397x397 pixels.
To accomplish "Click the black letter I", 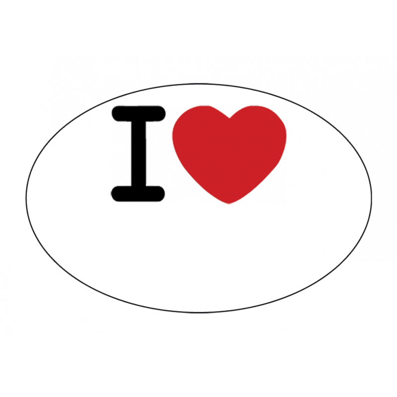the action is (x=138, y=154).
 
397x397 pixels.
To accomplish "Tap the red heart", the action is (x=229, y=152).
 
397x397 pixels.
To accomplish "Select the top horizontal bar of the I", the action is (x=138, y=114).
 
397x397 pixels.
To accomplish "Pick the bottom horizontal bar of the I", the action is (x=138, y=194).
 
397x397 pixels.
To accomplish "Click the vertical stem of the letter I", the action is (x=138, y=154).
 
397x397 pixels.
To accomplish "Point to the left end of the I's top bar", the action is (x=112, y=114).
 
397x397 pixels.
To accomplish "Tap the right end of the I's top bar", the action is (x=165, y=114).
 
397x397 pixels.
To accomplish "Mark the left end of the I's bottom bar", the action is (x=112, y=194).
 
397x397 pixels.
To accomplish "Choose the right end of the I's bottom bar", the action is (x=165, y=194).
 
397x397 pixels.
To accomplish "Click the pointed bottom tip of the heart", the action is (x=229, y=203).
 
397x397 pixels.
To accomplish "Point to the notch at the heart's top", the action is (x=229, y=118).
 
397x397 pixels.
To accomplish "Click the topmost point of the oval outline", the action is (x=199, y=84).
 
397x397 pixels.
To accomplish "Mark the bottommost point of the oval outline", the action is (x=199, y=313).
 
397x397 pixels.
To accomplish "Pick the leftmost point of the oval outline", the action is (x=26, y=198).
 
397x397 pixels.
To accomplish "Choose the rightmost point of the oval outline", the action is (x=372, y=198).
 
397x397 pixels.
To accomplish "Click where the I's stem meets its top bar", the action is (x=138, y=122).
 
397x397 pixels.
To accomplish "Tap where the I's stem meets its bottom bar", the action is (x=138, y=187).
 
